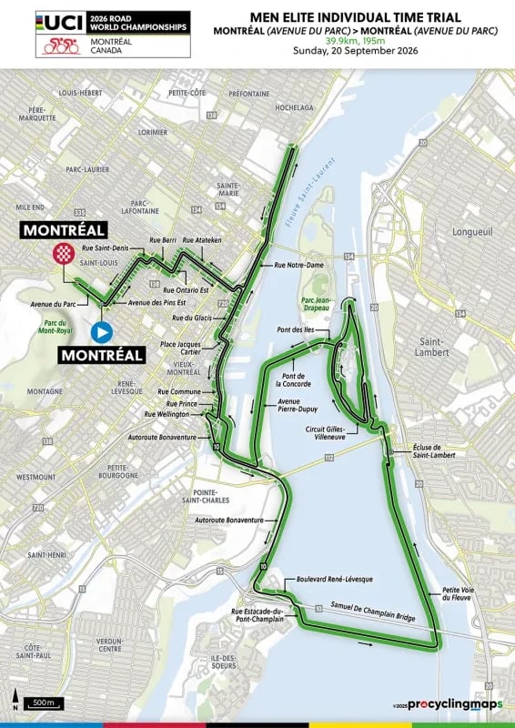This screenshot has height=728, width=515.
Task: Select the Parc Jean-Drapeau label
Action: coord(322,309)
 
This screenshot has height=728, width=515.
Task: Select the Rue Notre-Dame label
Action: coord(299,265)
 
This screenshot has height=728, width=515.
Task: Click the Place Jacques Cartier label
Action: coord(180,349)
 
